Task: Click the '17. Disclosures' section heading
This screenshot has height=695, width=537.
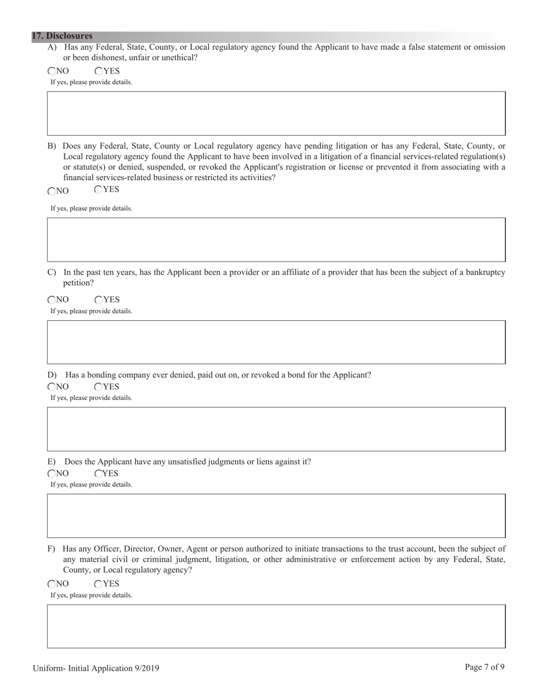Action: point(62,36)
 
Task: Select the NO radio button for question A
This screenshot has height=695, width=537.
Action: point(52,71)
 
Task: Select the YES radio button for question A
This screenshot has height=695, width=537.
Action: point(99,71)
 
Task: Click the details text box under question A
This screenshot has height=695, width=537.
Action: point(276,114)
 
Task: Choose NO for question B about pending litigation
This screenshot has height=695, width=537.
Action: point(52,192)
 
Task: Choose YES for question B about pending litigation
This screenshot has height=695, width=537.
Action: point(98,190)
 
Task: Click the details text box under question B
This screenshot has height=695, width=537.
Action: point(276,240)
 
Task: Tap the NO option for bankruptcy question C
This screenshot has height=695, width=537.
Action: point(52,300)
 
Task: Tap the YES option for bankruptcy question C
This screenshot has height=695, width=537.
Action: point(99,300)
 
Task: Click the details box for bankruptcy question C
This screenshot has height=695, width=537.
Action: point(276,342)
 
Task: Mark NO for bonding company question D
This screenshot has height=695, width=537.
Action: point(52,387)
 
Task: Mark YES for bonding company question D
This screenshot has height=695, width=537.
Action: point(98,387)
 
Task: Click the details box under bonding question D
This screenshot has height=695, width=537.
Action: point(276,429)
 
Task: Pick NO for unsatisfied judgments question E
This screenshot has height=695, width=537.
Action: point(52,474)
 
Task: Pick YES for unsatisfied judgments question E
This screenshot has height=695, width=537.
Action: point(98,474)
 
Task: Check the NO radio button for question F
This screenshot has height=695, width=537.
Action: point(52,584)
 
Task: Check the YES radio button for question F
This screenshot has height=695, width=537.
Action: point(98,584)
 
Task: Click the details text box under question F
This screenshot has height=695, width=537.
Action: point(276,627)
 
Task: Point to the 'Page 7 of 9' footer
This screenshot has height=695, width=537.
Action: point(484,667)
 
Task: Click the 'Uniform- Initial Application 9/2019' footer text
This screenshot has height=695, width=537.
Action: point(96,668)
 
